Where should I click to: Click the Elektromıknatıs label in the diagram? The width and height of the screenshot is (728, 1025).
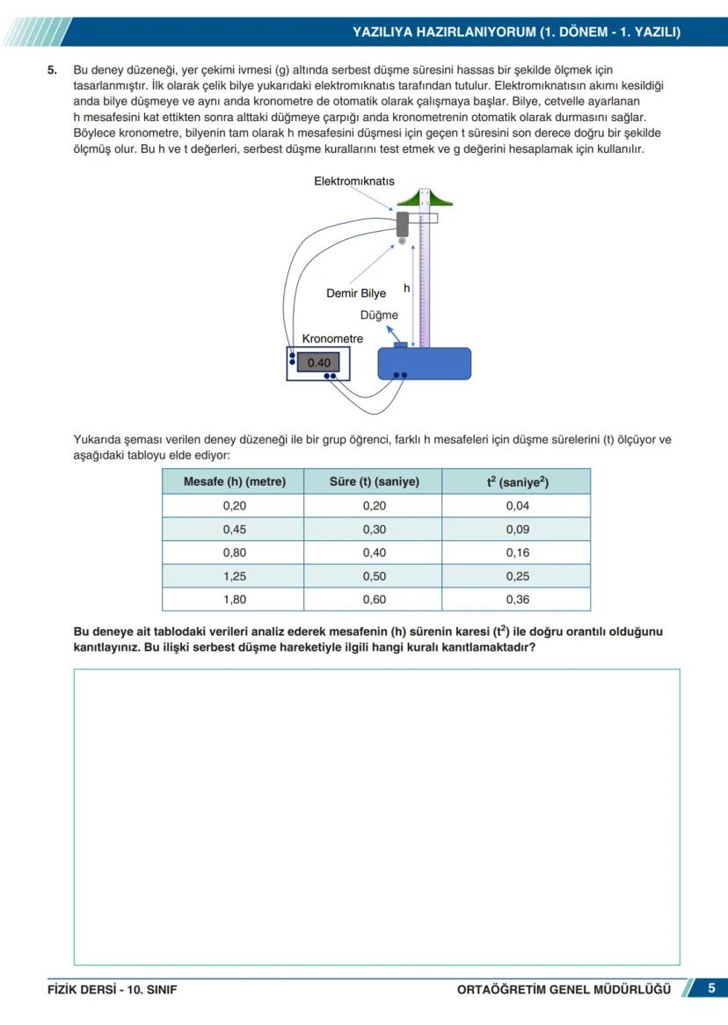353,181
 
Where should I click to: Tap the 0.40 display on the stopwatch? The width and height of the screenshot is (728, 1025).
318,362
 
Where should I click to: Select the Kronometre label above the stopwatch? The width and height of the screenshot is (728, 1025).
332,338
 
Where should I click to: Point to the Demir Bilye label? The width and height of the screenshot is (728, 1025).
355,293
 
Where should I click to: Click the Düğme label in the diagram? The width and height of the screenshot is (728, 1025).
379,314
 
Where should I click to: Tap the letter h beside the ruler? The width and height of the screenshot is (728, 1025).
406,287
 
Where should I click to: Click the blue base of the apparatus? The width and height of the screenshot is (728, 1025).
424,363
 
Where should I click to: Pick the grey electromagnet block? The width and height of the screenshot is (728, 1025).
404,222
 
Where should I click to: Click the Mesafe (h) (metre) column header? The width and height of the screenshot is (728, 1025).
234,481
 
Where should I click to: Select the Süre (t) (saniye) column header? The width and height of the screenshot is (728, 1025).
374,481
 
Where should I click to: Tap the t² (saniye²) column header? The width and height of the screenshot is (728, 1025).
517,481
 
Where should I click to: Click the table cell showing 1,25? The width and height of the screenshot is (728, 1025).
234,576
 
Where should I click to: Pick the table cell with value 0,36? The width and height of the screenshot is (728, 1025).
517,600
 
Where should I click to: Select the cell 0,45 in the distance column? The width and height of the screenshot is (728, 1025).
234,529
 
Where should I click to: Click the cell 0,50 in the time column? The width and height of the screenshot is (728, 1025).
374,576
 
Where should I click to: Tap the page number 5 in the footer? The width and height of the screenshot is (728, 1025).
711,988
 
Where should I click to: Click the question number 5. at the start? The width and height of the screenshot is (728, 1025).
53,69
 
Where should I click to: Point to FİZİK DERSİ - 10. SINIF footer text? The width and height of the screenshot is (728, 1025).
112,989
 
